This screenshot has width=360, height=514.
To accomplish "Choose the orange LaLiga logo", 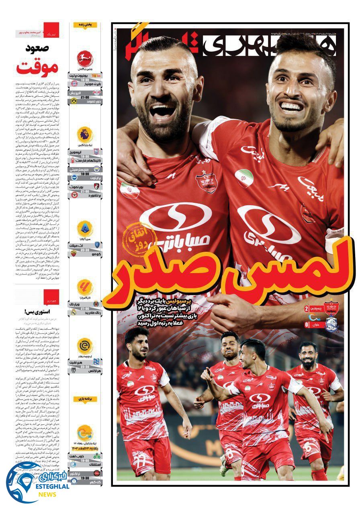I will [x=85, y=287].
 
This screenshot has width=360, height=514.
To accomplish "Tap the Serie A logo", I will [x=85, y=228].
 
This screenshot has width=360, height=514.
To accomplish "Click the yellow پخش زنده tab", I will [x=85, y=25].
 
